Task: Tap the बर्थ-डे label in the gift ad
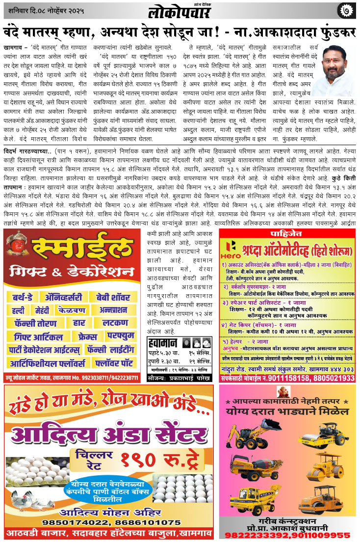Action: (24, 297)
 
